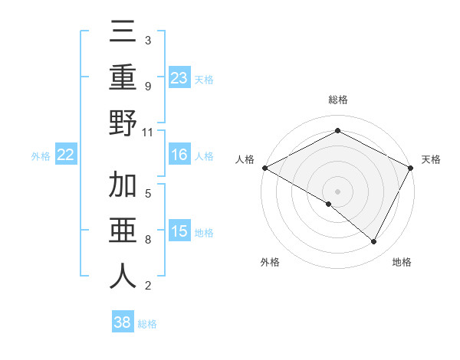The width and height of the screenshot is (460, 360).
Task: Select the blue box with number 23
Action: [179, 78]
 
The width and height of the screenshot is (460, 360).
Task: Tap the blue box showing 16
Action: [179, 155]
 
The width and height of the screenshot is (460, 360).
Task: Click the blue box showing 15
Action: [179, 232]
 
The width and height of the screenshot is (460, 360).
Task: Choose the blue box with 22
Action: [66, 155]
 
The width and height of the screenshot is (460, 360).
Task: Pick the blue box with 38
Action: [123, 322]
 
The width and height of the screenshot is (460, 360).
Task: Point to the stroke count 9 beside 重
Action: [147, 86]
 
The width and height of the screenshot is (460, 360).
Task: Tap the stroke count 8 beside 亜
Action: [147, 240]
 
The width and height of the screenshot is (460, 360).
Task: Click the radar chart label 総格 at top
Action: [337, 100]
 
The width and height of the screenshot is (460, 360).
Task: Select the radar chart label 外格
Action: [270, 262]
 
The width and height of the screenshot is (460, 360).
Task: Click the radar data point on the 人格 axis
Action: [264, 167]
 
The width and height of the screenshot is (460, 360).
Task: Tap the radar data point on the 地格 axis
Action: [374, 241]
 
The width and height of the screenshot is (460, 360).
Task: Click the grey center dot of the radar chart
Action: [337, 191]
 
